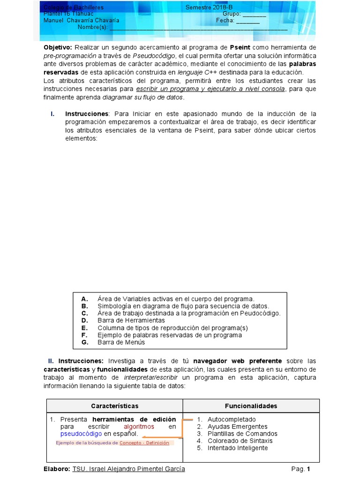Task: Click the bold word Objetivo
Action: coord(58,48)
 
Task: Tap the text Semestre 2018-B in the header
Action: coord(209,7)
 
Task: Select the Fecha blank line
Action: coord(248,21)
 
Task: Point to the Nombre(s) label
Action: coord(92,27)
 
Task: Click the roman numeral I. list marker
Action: coord(52,114)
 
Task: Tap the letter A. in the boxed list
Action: coord(85,299)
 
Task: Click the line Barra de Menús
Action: coord(121,342)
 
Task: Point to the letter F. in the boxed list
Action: coord(84,335)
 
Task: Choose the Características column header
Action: coord(114,406)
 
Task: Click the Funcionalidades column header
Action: coord(251,406)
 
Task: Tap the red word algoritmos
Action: coord(139,427)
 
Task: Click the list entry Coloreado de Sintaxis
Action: coord(240,441)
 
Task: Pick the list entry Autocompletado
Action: coord(232,420)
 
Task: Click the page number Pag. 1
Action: coord(300,469)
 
